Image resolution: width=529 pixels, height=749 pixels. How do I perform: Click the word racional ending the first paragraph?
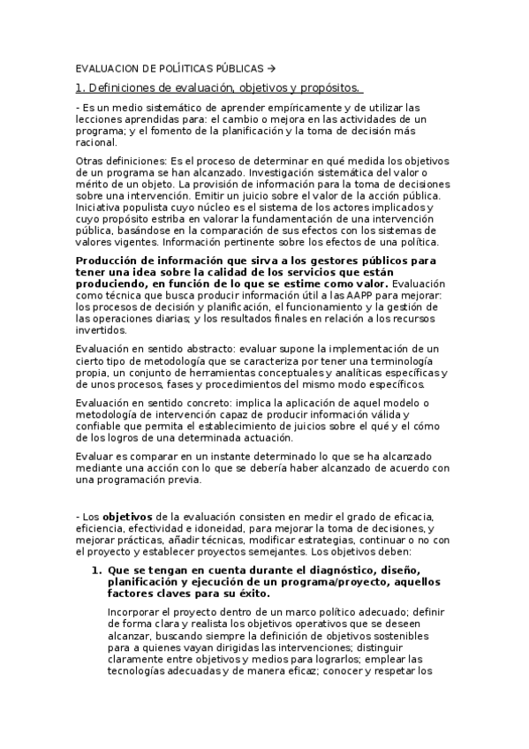[96, 141]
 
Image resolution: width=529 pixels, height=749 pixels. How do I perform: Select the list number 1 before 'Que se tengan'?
[97, 571]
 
